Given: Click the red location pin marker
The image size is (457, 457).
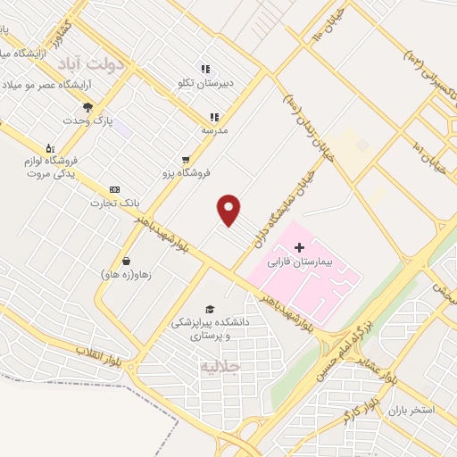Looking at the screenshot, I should pyautogui.click(x=229, y=209).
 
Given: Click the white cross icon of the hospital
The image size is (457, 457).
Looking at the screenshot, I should pyautogui.click(x=298, y=245).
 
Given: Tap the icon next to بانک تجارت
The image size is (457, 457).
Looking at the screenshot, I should pyautogui.click(x=114, y=189).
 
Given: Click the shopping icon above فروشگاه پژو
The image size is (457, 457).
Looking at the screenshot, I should pyautogui.click(x=186, y=159).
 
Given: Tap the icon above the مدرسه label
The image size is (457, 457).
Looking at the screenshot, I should pyautogui.click(x=214, y=117).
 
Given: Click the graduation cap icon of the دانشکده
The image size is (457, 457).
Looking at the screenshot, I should pyautogui.click(x=210, y=308).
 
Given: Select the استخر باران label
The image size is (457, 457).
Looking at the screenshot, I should pyautogui.click(x=411, y=410).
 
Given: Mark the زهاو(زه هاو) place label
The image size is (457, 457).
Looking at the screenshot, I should pyautogui.click(x=126, y=275).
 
